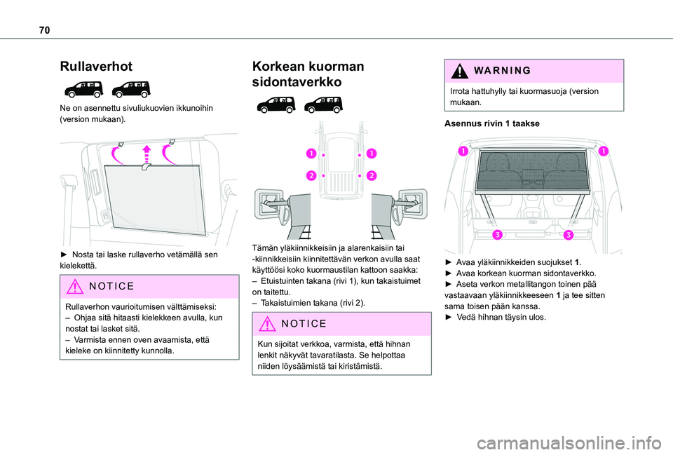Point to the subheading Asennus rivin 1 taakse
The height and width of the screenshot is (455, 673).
[x=491, y=123]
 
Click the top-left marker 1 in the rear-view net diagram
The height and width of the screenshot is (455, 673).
[x=463, y=151]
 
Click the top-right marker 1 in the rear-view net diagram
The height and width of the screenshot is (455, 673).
[x=604, y=151]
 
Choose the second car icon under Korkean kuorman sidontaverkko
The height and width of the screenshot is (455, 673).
[x=322, y=104]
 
